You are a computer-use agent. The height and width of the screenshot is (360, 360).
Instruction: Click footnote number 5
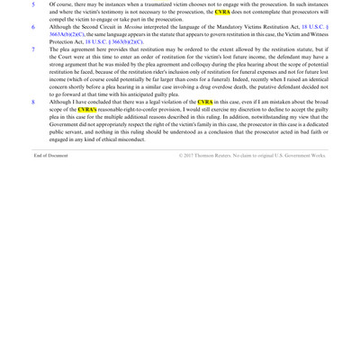(32, 4)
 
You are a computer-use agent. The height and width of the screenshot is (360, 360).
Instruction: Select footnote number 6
(32, 27)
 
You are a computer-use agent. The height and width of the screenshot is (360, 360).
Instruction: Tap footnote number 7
(32, 49)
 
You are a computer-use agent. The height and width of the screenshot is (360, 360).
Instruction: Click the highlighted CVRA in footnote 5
(222, 13)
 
